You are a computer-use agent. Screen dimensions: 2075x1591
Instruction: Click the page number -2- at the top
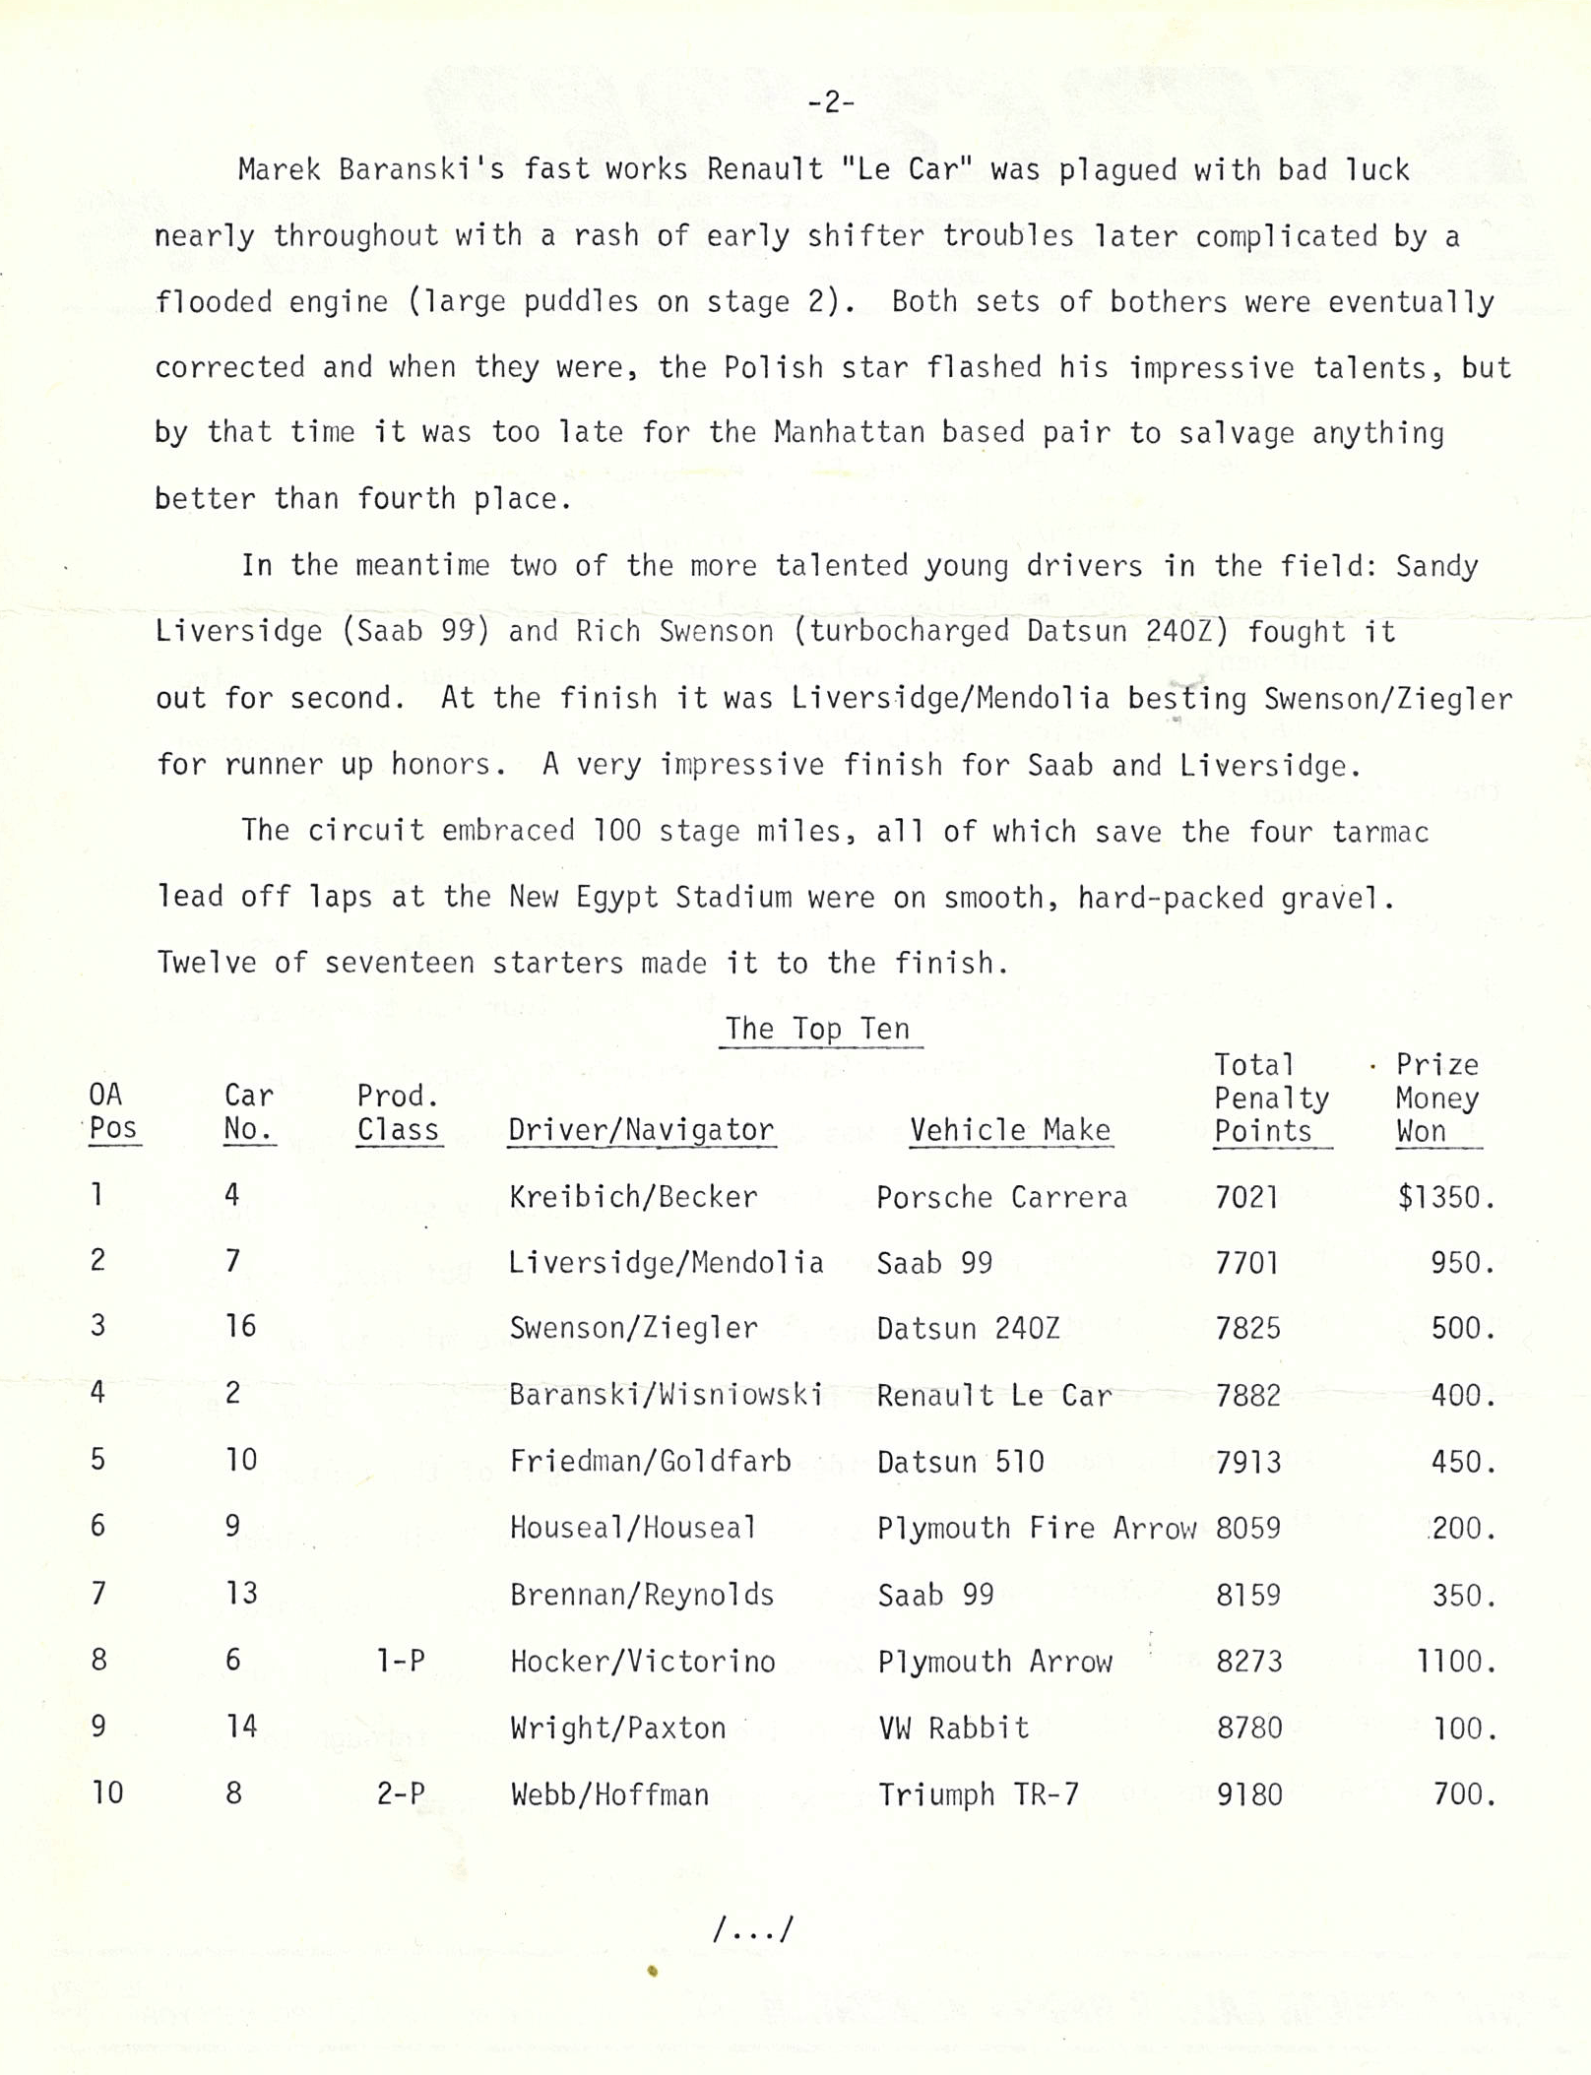831,102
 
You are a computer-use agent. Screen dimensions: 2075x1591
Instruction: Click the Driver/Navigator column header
641,1130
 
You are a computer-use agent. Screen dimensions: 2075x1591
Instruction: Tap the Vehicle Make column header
1010,1130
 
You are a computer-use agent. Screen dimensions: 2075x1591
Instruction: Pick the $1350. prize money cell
1445,1197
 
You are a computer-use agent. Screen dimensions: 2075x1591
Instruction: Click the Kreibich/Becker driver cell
633,1197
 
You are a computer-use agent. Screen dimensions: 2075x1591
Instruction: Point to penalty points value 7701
1247,1263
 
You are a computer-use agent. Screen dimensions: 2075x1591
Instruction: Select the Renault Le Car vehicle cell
994,1396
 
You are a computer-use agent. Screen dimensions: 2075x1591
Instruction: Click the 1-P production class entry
401,1662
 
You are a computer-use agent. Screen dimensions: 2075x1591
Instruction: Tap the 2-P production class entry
401,1793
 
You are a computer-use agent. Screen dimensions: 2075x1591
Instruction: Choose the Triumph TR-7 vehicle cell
978,1794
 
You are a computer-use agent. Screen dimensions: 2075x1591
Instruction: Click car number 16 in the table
240,1327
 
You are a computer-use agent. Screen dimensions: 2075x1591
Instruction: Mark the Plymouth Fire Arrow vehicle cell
1036,1529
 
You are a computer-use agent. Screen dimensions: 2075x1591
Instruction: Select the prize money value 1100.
1455,1663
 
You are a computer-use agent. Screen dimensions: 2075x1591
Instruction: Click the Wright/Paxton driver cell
617,1728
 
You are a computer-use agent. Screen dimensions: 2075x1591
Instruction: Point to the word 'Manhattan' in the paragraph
849,433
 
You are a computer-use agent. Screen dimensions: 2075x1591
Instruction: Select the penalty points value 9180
1249,1794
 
